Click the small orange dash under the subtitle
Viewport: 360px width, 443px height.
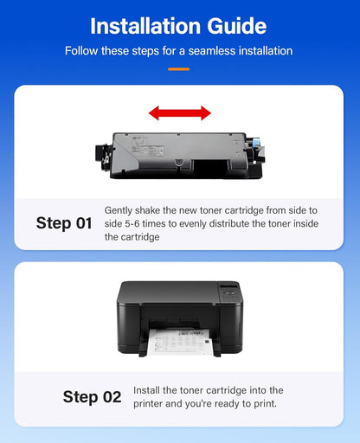179,68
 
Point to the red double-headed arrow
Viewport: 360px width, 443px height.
179,112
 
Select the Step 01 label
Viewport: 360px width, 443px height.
64,223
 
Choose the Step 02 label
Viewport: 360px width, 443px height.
92,397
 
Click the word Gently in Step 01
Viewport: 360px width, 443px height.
120,210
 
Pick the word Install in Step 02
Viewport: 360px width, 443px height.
147,391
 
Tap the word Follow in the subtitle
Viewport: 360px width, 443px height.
83,51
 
